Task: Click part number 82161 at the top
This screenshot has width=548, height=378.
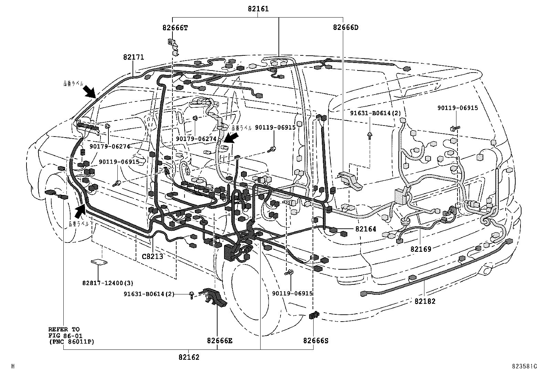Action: (x=258, y=9)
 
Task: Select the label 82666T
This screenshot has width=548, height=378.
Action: (x=175, y=28)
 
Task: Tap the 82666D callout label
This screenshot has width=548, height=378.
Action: (x=345, y=28)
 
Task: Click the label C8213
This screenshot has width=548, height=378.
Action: (x=152, y=256)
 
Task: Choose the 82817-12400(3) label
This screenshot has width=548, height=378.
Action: (x=107, y=283)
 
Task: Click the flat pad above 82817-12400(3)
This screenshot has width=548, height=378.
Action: (x=99, y=262)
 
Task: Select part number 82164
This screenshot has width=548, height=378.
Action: (x=366, y=229)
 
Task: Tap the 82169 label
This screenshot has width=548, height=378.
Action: (x=421, y=248)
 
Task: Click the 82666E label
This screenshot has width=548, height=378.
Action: (x=220, y=341)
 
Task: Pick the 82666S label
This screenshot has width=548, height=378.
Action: (x=316, y=341)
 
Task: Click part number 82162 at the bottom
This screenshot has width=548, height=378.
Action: (x=189, y=357)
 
